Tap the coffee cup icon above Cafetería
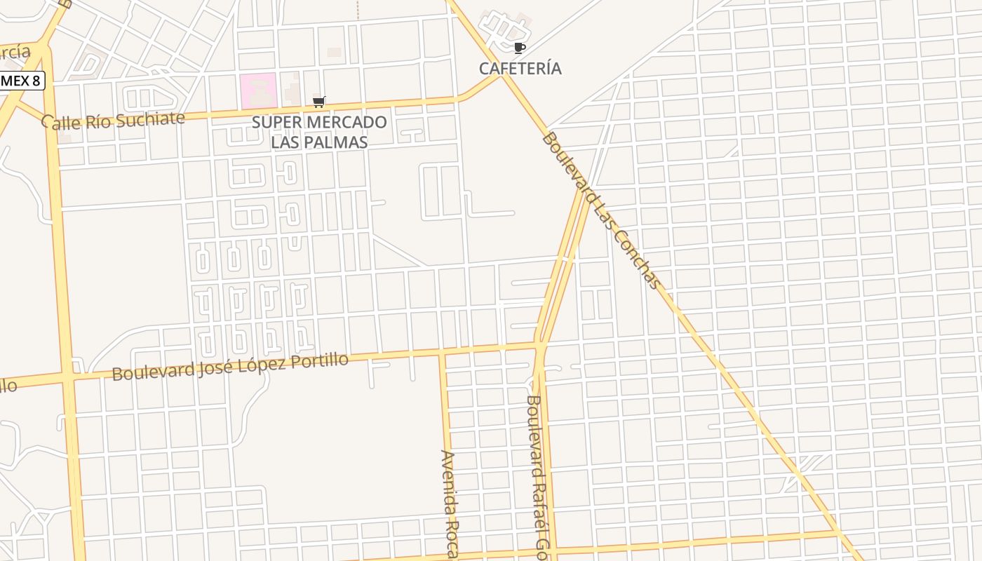coord(519,48)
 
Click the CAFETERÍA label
coord(520,68)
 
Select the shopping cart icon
coord(319,102)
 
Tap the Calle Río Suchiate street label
coord(113,120)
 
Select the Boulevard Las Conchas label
coord(600,210)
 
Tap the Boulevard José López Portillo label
coord(230,366)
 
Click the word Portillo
coord(321,361)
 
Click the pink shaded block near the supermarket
coord(258,91)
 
